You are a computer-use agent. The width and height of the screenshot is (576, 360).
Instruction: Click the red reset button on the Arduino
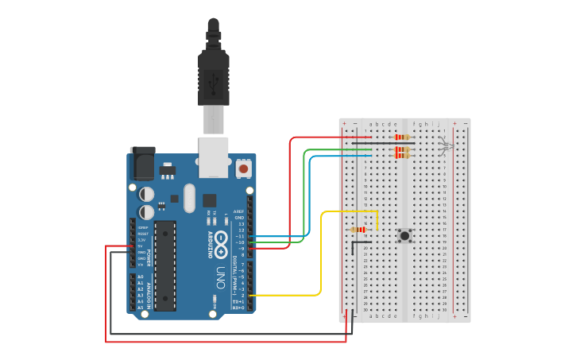pos(243,168)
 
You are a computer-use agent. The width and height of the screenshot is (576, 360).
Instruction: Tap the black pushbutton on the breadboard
pos(405,235)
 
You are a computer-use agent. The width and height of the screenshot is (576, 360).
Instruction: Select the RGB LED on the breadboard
pos(446,146)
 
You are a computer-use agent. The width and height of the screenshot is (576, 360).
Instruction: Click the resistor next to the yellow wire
pos(358,230)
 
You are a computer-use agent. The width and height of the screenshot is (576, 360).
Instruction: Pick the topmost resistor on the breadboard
pos(401,137)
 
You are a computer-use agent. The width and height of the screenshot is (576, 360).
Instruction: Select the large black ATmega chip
pos(165,265)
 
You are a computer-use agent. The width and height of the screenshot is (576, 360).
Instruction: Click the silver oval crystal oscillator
pos(189,198)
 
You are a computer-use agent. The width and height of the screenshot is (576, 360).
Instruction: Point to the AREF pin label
pos(239,212)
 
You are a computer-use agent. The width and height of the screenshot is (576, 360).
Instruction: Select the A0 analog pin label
pos(141,277)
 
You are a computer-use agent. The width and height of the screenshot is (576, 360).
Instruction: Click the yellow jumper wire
pos(321,254)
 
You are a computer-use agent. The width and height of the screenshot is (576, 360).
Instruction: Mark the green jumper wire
pos(305,191)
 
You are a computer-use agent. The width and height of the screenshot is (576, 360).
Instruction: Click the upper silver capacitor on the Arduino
pos(147,194)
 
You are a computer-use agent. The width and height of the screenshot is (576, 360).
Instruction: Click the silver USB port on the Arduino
pos(213,156)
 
